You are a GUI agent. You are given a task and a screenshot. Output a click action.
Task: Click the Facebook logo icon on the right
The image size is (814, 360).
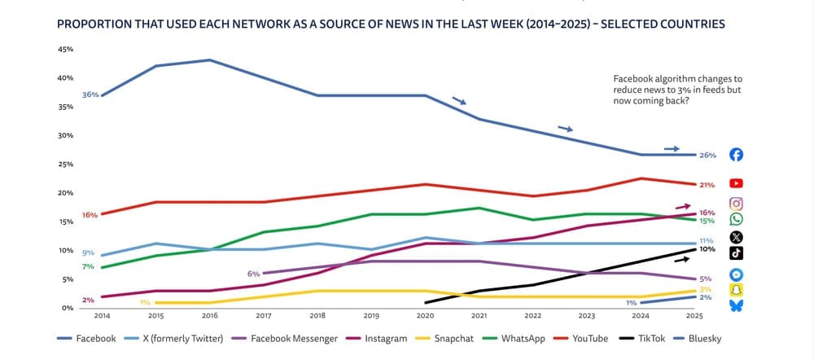tap(736, 155)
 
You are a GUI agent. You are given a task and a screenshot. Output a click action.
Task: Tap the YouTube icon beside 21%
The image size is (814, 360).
tap(736, 183)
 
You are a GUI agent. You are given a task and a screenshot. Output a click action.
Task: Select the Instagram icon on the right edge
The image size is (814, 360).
tap(736, 204)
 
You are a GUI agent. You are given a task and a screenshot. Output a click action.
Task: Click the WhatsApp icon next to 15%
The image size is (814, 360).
tap(736, 219)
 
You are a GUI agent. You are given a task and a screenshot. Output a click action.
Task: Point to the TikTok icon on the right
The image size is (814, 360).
tap(736, 252)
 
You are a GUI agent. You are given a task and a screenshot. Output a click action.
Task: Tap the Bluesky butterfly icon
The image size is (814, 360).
tap(736, 305)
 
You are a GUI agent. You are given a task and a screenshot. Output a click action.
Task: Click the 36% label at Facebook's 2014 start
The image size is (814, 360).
tap(90, 94)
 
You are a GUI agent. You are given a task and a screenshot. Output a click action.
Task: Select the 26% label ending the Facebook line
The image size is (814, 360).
tap(707, 155)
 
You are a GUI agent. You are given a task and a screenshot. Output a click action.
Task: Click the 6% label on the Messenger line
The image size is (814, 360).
tap(253, 274)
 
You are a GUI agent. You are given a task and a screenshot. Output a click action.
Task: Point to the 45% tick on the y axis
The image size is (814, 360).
tap(65, 50)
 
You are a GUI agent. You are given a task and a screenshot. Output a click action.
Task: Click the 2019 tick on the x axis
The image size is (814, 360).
tap(370, 314)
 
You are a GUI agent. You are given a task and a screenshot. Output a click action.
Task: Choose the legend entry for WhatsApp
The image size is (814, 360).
tap(514, 338)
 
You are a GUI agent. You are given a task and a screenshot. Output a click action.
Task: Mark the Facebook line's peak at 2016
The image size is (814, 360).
tap(210, 59)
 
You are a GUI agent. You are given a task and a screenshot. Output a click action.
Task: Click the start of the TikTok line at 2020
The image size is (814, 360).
tap(425, 302)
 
